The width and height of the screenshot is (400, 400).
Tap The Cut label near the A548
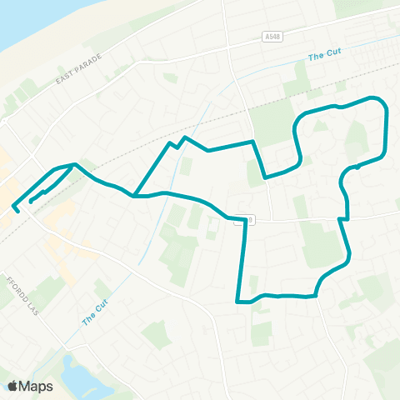(x=325, y=57)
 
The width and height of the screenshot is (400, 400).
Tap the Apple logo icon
(x=13, y=386)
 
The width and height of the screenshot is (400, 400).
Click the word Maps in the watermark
(x=36, y=386)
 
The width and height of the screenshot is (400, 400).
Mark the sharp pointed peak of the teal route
(x=184, y=137)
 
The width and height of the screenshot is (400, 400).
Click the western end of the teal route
(x=13, y=205)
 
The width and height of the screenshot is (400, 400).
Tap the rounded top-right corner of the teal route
(x=382, y=102)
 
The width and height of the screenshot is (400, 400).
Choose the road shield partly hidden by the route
(x=248, y=219)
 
